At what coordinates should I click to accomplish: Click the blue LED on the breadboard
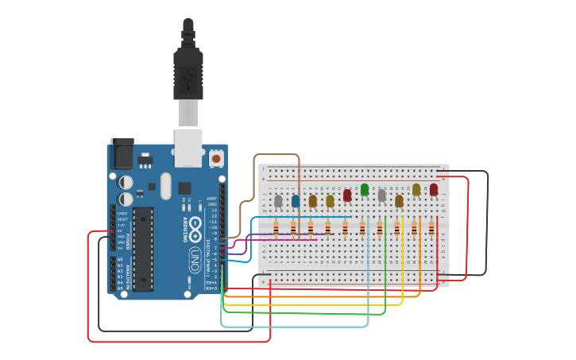coord(296,201)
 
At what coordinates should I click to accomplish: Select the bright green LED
coord(365,189)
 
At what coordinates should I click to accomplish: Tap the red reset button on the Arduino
coord(215,159)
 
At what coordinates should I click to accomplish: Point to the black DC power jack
coord(122,153)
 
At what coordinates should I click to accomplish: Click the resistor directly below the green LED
coord(362,229)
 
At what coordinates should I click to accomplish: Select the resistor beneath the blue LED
coord(293,229)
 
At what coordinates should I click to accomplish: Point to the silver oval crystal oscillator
coord(165,186)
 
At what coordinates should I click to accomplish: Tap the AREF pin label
coord(211,198)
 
